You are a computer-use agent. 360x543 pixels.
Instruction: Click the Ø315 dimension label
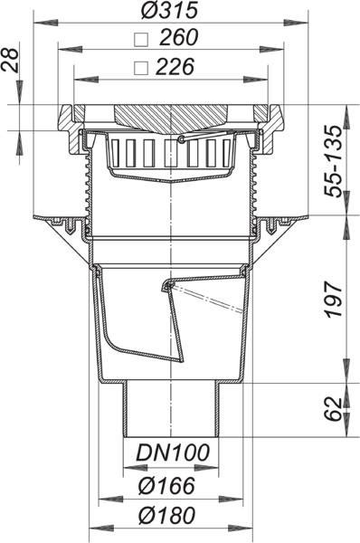[x=169, y=10]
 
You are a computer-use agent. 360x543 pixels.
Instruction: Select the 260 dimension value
[x=178, y=37]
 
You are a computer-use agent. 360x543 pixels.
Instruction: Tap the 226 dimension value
[x=175, y=67]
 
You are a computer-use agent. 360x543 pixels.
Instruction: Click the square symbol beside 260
[x=141, y=40]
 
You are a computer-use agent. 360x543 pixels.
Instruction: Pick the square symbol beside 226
[x=141, y=68]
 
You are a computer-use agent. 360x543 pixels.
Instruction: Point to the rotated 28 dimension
[x=11, y=60]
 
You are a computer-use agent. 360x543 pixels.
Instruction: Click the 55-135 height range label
[x=333, y=161]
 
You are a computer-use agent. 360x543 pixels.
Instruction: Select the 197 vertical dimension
[x=334, y=300]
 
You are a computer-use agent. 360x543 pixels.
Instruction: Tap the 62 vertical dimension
[x=334, y=409]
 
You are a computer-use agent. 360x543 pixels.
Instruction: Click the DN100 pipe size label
[x=173, y=452]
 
